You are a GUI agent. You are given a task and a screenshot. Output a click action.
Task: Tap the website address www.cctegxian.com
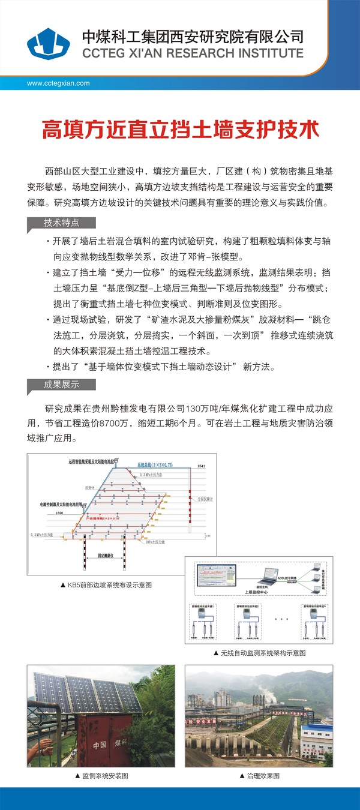tap(58, 83)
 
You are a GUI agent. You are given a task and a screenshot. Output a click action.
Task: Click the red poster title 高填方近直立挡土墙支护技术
tap(179, 129)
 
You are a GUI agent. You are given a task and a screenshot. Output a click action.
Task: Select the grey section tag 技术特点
tap(61, 223)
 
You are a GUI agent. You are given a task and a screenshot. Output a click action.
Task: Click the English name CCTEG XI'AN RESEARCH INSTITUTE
tap(193, 53)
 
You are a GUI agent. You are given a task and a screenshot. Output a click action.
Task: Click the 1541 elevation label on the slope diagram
tap(201, 466)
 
